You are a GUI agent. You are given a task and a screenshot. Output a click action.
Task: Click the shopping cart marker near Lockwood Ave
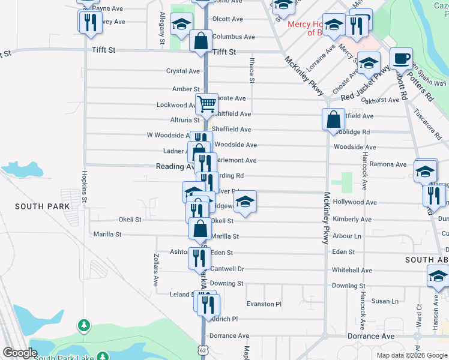pyautogui.click(x=206, y=103)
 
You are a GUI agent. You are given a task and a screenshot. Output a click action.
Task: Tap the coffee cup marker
pyautogui.click(x=400, y=59)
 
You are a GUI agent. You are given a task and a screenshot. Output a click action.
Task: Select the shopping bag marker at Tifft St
pyautogui.click(x=201, y=41)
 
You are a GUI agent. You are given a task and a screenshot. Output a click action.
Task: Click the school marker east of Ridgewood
pyautogui.click(x=244, y=202)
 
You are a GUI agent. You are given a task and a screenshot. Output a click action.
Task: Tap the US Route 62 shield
pyautogui.click(x=203, y=348)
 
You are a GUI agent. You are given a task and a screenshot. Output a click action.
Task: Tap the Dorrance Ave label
pyautogui.click(x=229, y=336)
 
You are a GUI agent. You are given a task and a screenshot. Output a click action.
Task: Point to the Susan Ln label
pyautogui.click(x=385, y=301)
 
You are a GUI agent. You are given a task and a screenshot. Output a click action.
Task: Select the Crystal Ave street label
pyautogui.click(x=183, y=71)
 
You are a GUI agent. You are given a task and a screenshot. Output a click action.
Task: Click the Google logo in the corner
pyautogui.click(x=20, y=353)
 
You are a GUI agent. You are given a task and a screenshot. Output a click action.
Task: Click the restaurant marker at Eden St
pyautogui.click(x=198, y=258)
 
